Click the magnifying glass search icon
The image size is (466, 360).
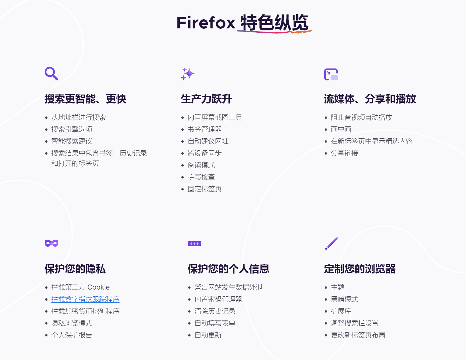coord(51,74)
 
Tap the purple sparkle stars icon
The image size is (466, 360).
coord(188,74)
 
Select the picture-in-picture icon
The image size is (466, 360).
coord(331,74)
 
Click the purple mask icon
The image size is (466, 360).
coord(51,244)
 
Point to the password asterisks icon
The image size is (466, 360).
coord(194,244)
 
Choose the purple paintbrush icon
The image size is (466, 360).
coord(331,244)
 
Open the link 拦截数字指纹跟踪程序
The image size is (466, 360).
coord(85,299)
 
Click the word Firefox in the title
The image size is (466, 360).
coord(206,23)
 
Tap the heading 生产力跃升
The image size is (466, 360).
coord(206,99)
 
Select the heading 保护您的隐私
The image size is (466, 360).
coord(75,269)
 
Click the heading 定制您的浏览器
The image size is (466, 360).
coord(360,269)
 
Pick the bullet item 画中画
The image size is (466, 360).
coord(341,130)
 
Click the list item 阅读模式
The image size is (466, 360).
coord(201,165)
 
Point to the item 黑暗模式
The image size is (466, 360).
coord(344,299)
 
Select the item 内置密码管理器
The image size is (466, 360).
coord(218,299)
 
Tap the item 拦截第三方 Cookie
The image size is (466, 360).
coord(80,287)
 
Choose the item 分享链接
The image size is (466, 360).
coord(344,153)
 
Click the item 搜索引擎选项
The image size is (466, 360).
coord(72,130)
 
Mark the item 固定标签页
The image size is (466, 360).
coord(205,189)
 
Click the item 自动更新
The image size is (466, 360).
coord(208,335)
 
